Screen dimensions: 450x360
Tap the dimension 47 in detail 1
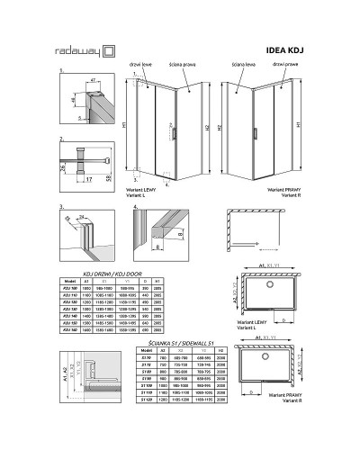[x=94, y=81]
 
